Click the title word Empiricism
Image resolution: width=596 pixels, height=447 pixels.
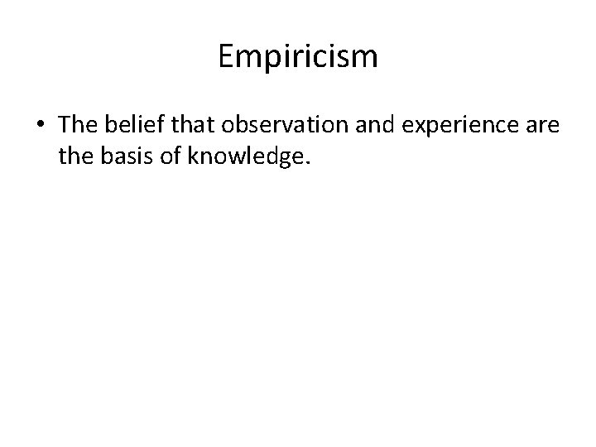(x=298, y=57)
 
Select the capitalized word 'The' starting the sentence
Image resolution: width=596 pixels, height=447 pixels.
(x=78, y=125)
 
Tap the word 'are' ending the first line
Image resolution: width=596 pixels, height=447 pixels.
(x=543, y=126)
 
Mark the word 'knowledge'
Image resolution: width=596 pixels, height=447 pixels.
(x=246, y=156)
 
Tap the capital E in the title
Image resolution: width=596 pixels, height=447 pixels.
(x=227, y=57)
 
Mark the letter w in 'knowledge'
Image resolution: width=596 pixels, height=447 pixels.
(x=234, y=156)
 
